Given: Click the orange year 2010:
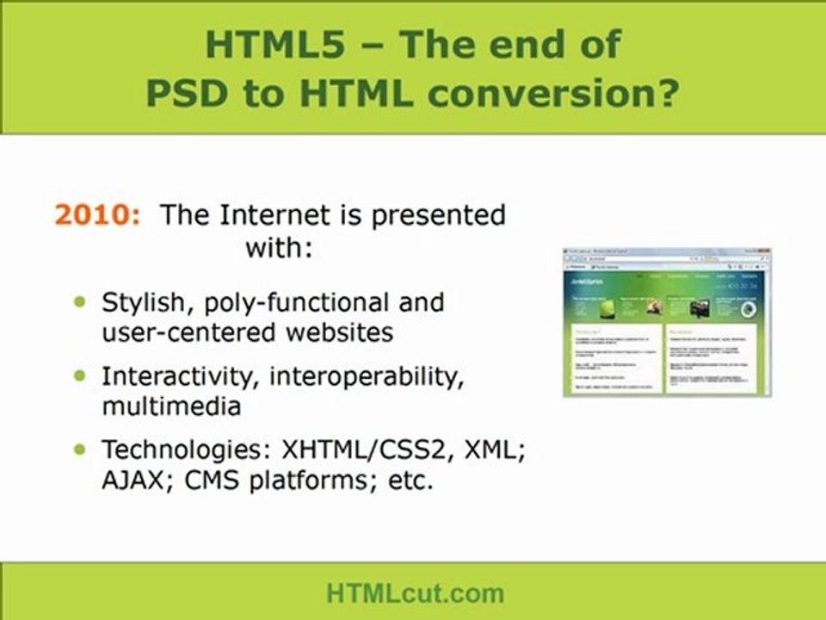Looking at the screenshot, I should pyautogui.click(x=96, y=215).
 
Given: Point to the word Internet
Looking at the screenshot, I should pyautogui.click(x=274, y=215).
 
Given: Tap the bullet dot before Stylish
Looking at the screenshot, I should pyautogui.click(x=81, y=302).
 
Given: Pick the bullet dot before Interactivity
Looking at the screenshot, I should pyautogui.click(x=81, y=375).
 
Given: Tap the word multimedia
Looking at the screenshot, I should pyautogui.click(x=171, y=406).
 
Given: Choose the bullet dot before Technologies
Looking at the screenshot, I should pyautogui.click(x=81, y=449).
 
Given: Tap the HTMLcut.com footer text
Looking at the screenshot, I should pyautogui.click(x=414, y=592).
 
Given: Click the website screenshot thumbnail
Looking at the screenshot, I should pyautogui.click(x=667, y=322).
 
